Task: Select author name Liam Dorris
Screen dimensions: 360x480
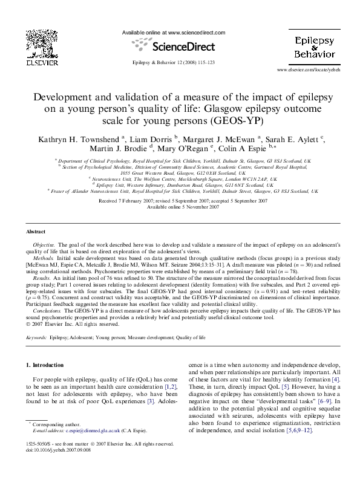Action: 151,140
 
